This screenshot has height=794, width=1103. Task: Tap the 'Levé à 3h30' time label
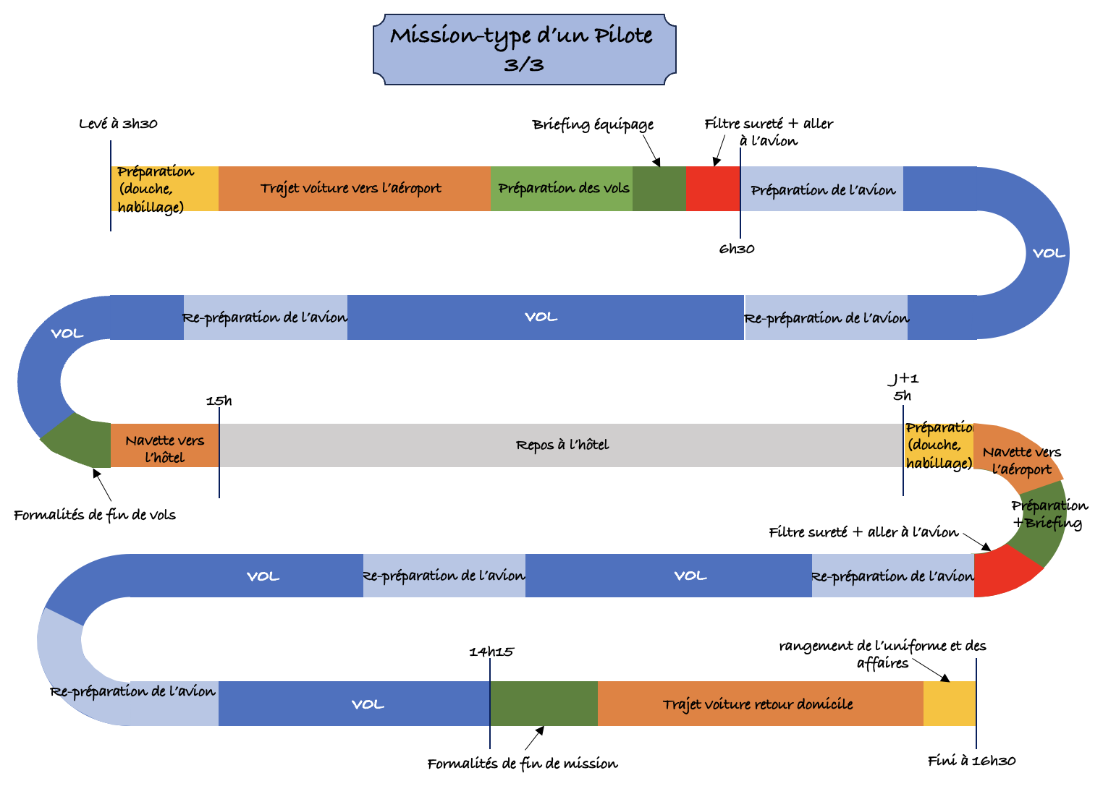[118, 124]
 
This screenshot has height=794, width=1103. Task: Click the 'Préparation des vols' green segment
[562, 189]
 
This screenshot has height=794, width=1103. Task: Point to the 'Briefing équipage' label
[593, 124]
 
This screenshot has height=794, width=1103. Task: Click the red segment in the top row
[712, 189]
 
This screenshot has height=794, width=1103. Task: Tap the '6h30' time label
[737, 249]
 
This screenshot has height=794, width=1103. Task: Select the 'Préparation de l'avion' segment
[822, 189]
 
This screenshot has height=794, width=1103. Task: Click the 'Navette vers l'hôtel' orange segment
[164, 446]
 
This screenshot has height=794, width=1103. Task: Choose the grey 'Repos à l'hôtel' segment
[562, 445]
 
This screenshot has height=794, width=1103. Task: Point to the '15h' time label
[219, 401]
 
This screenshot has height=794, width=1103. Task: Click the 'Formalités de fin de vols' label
[95, 515]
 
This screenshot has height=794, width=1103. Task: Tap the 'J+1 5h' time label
[903, 387]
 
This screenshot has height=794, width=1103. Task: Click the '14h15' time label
[491, 652]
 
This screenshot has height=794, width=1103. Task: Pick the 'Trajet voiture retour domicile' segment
[758, 704]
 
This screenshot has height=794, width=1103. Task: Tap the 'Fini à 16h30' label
[971, 761]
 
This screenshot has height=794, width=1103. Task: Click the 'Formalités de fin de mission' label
[522, 764]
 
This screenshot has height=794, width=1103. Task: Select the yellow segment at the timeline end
[949, 704]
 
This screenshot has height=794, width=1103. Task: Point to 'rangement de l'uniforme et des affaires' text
[882, 654]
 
